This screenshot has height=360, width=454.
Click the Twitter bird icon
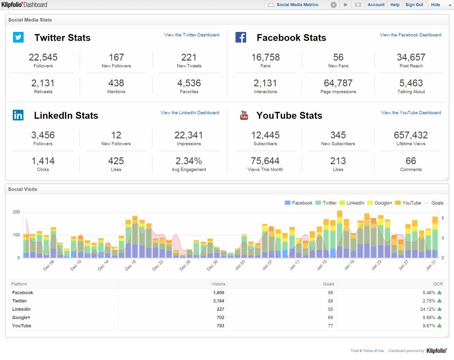coord(18,37)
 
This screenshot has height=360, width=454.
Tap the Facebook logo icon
coord(241,37)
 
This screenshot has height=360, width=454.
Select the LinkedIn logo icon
coord(18,115)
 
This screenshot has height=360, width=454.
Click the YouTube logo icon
coord(244,115)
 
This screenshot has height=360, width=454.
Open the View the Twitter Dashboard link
coord(192,35)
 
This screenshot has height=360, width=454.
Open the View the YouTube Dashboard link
coord(411,113)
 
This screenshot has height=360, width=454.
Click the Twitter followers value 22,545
coord(43,57)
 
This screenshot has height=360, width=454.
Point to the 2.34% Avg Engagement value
coord(188,161)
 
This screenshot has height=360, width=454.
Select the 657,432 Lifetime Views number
coord(411,135)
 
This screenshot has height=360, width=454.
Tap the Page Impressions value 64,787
coord(338,83)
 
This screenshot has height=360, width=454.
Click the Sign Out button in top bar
coord(414,5)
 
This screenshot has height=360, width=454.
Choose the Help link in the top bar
coord(395,5)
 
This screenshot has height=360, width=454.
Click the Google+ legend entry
coord(380,203)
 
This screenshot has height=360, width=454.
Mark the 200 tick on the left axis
coord(16,212)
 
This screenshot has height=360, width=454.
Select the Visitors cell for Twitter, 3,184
coord(218,301)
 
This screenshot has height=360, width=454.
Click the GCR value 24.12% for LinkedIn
coord(426,309)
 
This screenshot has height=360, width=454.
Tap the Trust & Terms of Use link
coord(367,351)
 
